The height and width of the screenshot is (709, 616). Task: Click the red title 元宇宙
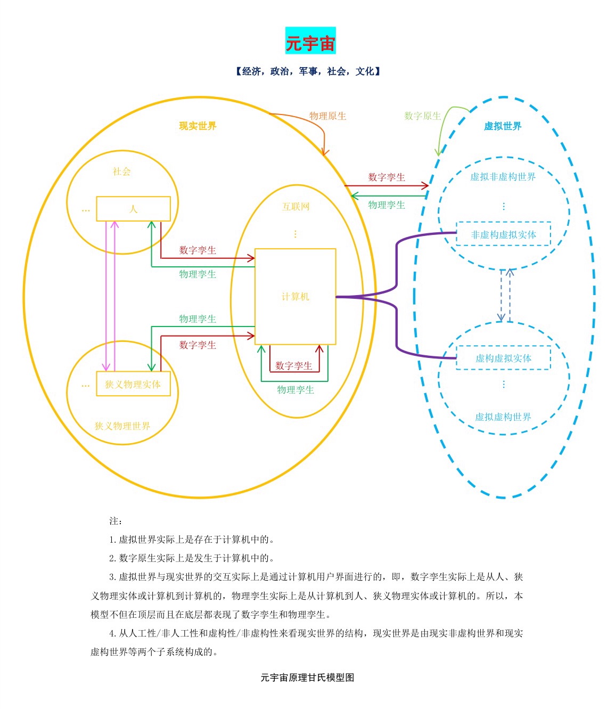(x=310, y=44)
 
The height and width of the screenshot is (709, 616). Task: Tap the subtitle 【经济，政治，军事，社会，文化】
(x=308, y=71)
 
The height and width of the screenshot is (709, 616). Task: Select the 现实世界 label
(x=198, y=126)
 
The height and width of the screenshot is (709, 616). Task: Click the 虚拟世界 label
(x=503, y=126)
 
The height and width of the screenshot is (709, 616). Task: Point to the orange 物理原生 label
(x=327, y=116)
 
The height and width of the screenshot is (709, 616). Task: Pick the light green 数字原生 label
(x=422, y=116)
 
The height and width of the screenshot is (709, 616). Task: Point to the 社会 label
(x=121, y=171)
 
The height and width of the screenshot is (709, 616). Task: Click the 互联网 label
(x=295, y=207)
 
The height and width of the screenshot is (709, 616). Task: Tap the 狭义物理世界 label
(x=122, y=426)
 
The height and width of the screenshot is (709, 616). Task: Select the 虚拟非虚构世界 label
(x=503, y=177)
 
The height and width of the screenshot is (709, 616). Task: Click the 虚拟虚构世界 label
(x=503, y=417)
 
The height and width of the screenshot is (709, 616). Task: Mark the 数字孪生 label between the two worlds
(x=387, y=177)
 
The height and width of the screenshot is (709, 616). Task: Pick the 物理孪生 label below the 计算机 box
(x=295, y=390)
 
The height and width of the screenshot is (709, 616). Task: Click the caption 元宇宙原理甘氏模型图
(x=308, y=678)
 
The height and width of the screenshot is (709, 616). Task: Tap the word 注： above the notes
(x=116, y=521)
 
